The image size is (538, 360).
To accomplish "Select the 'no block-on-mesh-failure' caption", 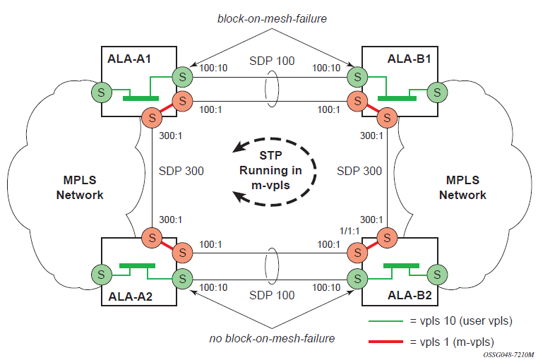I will pyautogui.click(x=272, y=338).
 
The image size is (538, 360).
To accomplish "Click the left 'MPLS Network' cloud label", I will pyautogui.click(x=80, y=188).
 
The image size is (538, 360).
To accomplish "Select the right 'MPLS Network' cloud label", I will pyautogui.click(x=462, y=188).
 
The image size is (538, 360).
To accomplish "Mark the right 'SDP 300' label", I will pyautogui.click(x=360, y=171).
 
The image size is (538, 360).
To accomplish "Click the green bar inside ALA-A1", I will pyautogui.click(x=141, y=98).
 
